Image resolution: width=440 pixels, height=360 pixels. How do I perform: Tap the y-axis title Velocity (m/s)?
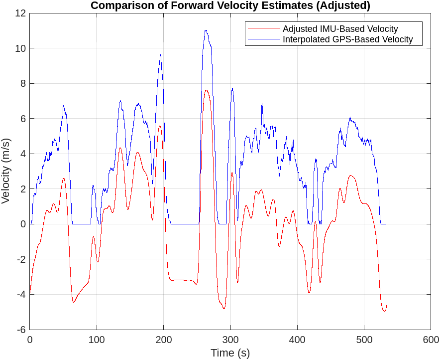click(6, 171)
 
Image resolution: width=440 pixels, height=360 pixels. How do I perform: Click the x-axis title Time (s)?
click(230, 353)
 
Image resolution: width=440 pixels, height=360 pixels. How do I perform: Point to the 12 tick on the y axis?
click(20, 13)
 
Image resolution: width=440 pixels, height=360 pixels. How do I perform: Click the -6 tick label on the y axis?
click(20, 330)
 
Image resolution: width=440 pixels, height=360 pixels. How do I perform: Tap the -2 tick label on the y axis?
click(20, 259)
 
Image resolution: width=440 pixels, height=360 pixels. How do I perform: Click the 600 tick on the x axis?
click(431, 340)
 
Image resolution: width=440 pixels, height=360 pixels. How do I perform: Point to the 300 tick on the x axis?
click(230, 340)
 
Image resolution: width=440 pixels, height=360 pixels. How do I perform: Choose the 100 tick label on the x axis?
click(97, 340)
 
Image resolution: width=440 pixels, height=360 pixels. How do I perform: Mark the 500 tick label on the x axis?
click(364, 340)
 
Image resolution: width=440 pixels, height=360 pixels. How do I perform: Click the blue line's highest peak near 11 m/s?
click(206, 30)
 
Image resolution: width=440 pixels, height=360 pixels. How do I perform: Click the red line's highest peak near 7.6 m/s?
click(206, 90)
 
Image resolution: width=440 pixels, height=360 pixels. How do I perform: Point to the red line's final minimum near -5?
click(384, 311)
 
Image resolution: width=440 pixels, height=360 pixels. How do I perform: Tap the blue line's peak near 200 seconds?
click(160, 55)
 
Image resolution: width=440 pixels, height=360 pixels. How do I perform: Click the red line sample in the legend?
click(264, 29)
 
